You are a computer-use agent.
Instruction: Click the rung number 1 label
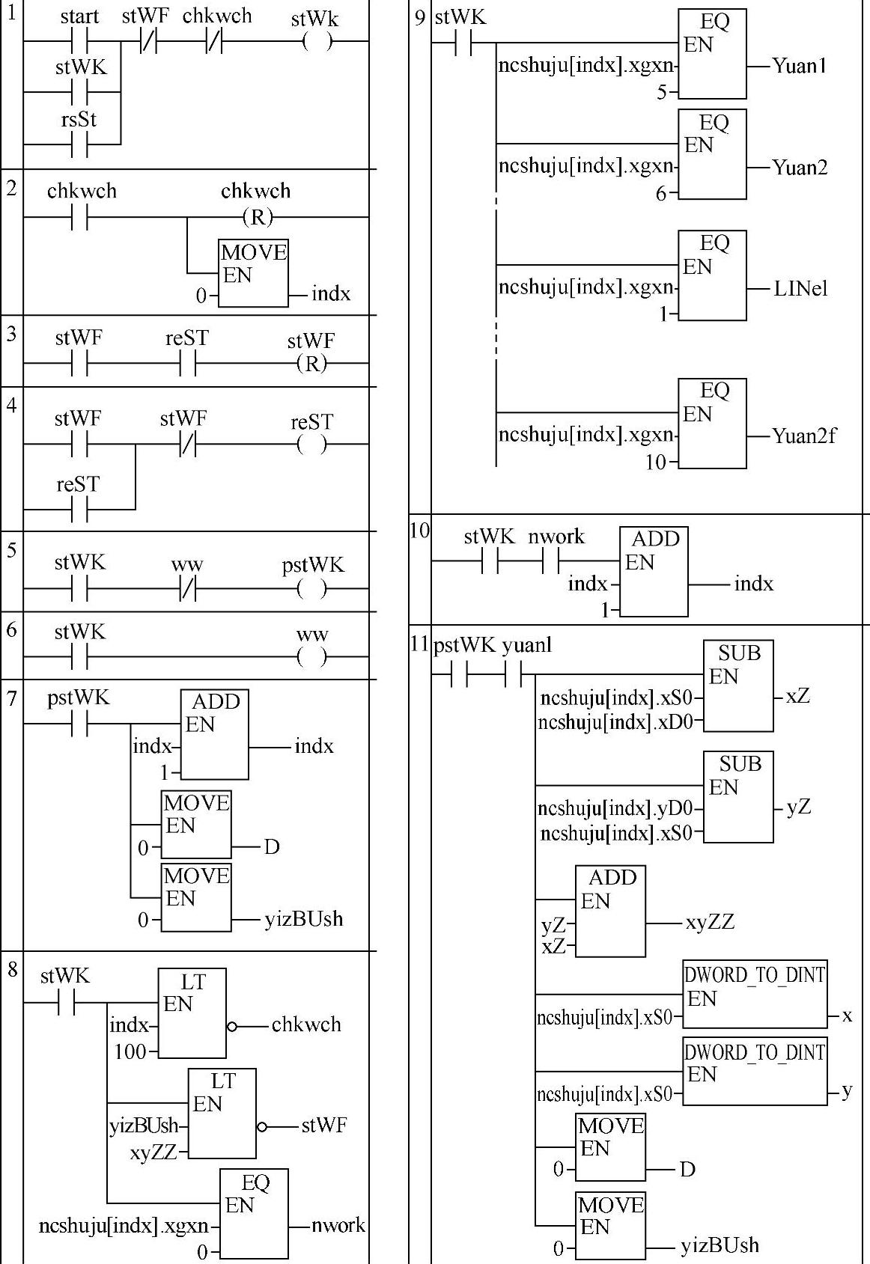click(11, 13)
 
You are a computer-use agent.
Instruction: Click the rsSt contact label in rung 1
click(79, 120)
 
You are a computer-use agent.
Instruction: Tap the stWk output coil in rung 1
click(317, 42)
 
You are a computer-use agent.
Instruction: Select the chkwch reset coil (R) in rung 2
click(257, 217)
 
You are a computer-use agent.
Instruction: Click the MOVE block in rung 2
click(253, 272)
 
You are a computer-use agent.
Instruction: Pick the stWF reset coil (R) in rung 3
click(311, 364)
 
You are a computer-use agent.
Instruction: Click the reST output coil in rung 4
click(311, 445)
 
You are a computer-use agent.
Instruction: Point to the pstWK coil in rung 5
click(311, 589)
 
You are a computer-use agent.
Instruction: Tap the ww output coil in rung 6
click(311, 658)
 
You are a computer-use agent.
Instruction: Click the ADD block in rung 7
click(214, 734)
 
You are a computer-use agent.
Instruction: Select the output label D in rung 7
click(272, 847)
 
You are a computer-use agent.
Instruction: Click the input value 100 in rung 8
click(130, 1051)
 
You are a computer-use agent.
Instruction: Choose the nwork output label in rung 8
click(338, 1225)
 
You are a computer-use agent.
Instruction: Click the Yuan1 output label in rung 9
click(800, 66)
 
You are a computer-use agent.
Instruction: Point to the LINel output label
click(800, 289)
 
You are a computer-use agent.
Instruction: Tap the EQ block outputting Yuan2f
click(712, 424)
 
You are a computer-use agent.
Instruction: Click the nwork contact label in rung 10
click(556, 537)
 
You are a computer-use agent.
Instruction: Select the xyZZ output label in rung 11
click(710, 922)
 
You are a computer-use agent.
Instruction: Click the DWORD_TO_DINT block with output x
click(755, 993)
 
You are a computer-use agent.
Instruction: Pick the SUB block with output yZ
click(738, 796)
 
